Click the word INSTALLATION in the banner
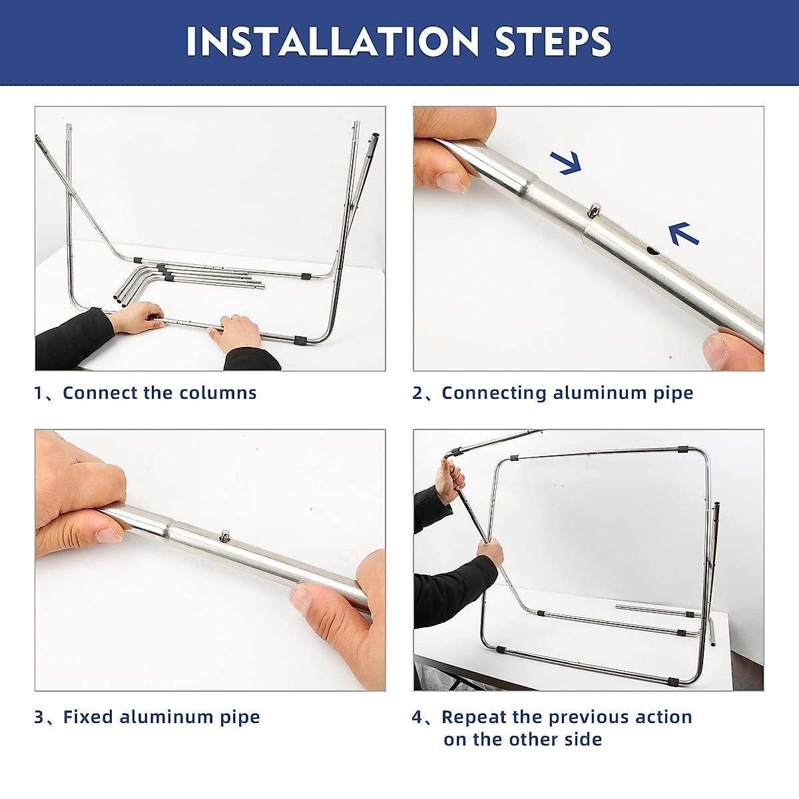[x=332, y=41]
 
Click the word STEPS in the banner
[x=553, y=41]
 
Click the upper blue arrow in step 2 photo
[x=567, y=162]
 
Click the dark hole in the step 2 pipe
[x=653, y=251]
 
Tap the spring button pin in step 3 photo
[x=226, y=536]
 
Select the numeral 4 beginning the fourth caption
[x=417, y=717]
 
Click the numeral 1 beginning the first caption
[x=38, y=393]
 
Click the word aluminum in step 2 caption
[x=599, y=393]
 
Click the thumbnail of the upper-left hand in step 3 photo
[x=109, y=535]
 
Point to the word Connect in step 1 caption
[x=99, y=393]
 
